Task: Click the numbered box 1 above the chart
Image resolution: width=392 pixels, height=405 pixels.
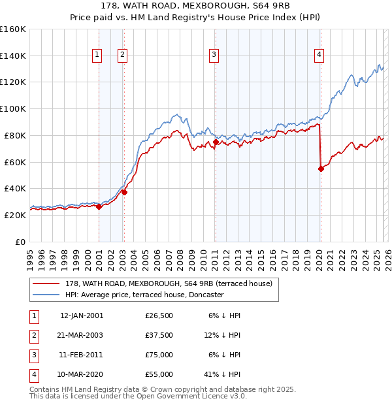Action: pos(97,56)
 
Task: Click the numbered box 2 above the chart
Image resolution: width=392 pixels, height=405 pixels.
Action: pos(122,56)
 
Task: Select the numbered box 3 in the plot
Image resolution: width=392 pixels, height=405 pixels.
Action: pos(214,56)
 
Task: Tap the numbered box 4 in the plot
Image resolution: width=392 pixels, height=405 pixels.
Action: pos(319,56)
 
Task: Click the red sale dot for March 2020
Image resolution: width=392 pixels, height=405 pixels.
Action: pos(321,169)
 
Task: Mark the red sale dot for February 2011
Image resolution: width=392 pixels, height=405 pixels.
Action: pos(216,141)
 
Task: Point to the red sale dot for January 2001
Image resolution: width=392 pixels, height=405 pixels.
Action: pos(99,206)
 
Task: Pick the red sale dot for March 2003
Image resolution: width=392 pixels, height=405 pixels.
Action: pos(124,192)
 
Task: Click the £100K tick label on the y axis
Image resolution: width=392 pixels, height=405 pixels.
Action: pos(12,108)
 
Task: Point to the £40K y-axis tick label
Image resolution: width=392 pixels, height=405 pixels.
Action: pos(14,188)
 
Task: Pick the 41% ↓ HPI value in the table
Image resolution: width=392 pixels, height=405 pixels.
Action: pos(222,375)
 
